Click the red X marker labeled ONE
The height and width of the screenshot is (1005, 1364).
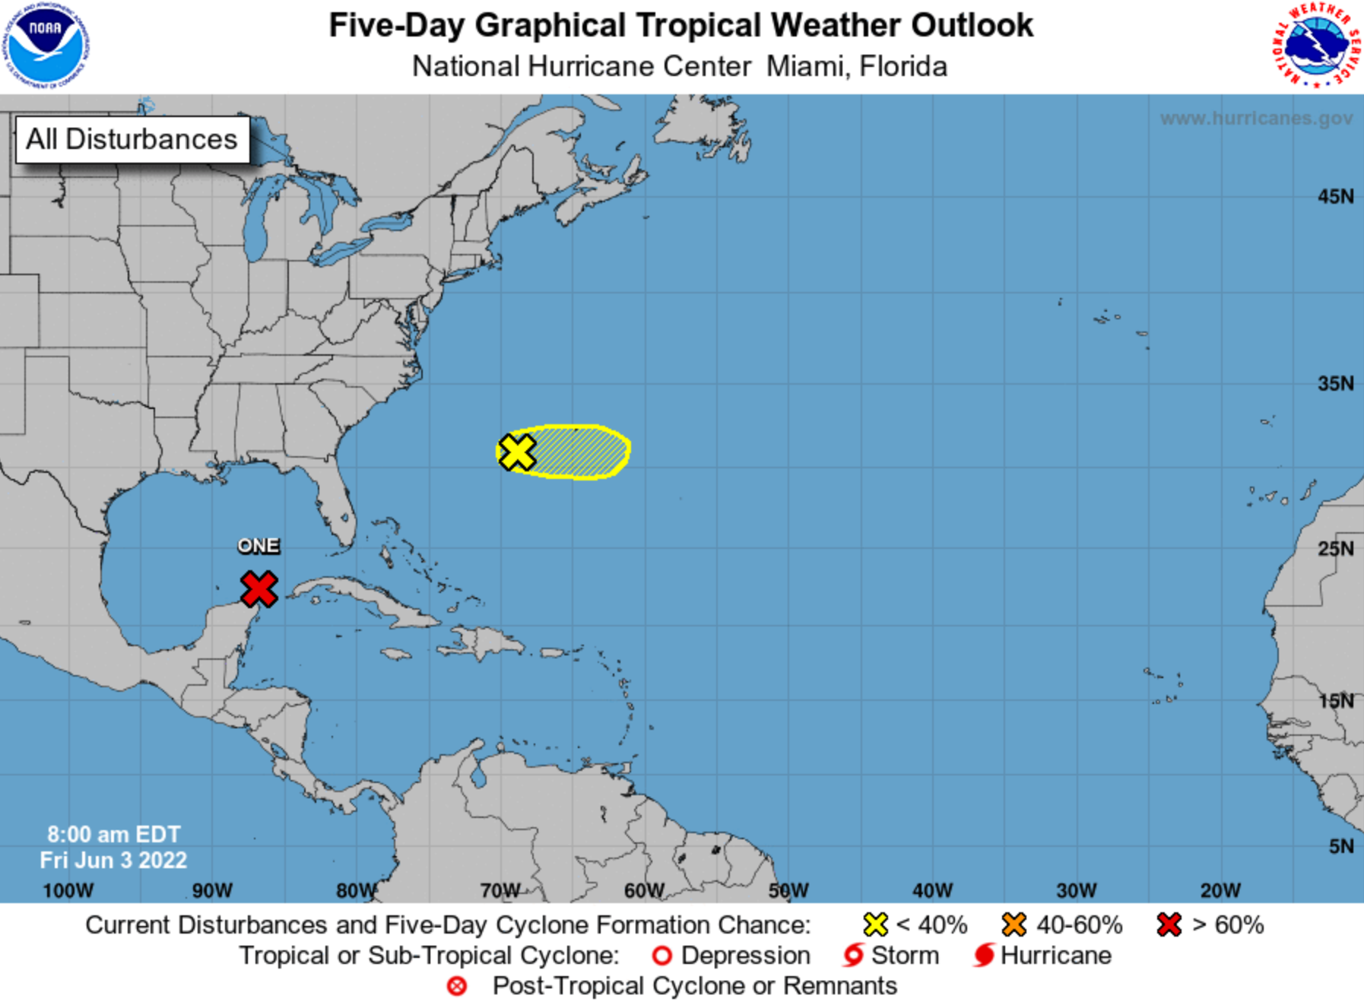(259, 589)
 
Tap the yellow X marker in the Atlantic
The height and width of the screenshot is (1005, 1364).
(517, 452)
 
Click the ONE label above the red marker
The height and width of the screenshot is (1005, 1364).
(259, 546)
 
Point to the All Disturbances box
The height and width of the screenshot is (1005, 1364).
(132, 139)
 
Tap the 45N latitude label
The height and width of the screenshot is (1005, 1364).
(1335, 197)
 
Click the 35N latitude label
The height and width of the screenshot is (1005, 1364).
(1335, 383)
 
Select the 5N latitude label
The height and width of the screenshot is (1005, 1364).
(1340, 846)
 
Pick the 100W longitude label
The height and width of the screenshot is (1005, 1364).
(68, 890)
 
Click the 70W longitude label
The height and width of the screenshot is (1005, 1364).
(500, 890)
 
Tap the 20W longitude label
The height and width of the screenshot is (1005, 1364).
(1220, 890)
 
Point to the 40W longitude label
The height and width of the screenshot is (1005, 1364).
(932, 890)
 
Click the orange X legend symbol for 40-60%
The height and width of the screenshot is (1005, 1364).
(1014, 925)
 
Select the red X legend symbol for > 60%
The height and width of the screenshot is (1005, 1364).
(1169, 925)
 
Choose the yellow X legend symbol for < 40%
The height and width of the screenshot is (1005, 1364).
(875, 925)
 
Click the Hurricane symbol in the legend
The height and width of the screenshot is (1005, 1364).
(984, 956)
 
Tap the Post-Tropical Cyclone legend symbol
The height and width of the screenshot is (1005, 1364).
(457, 986)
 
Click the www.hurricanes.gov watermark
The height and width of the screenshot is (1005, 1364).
(1256, 119)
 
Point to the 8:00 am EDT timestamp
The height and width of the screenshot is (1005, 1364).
(113, 834)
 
